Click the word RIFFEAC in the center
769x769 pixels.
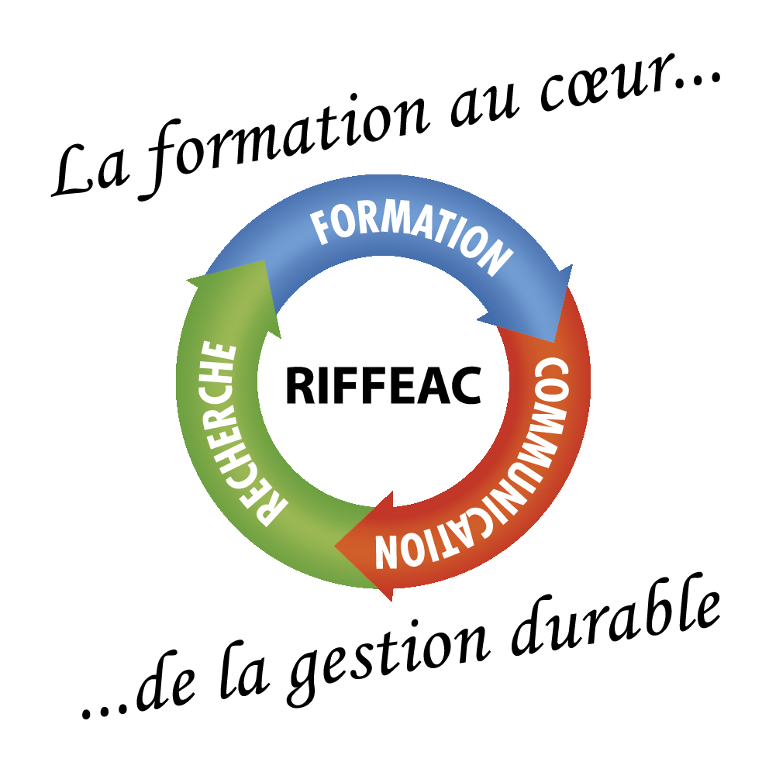384,385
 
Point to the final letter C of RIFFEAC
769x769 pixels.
465,385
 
